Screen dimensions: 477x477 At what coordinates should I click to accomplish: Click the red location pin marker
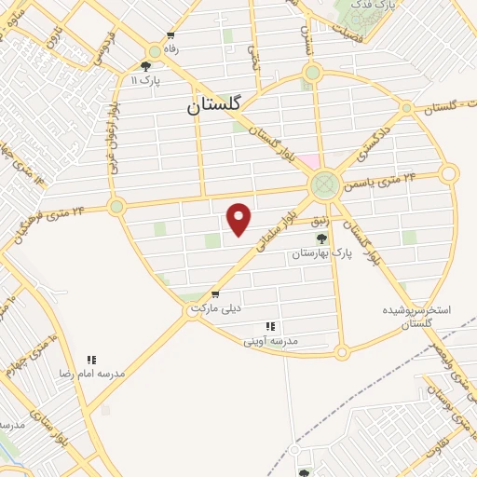pyautogui.click(x=240, y=219)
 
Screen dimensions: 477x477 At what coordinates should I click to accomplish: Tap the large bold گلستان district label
pyautogui.click(x=213, y=106)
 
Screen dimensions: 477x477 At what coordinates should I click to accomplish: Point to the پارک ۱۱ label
pyautogui.click(x=145, y=81)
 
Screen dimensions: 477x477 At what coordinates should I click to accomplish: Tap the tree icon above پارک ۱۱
pyautogui.click(x=145, y=66)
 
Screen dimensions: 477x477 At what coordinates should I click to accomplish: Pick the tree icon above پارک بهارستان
pyautogui.click(x=322, y=239)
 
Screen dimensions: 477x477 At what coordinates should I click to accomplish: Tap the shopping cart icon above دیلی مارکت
pyautogui.click(x=215, y=293)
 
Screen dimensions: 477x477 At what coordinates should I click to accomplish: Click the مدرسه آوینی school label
pyautogui.click(x=270, y=341)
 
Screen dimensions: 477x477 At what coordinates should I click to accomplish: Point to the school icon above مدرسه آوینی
pyautogui.click(x=270, y=327)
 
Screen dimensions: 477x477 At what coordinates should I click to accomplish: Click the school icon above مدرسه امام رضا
pyautogui.click(x=91, y=360)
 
